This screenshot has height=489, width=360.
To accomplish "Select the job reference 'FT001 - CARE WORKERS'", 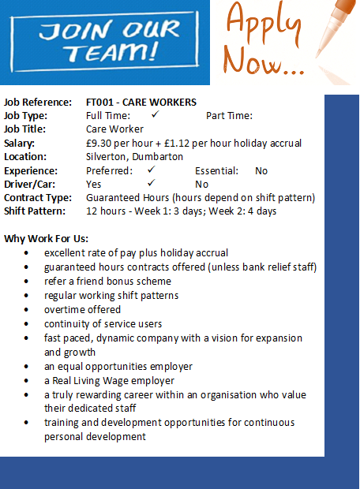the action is pos(141,103).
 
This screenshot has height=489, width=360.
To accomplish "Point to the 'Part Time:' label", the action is pos(229,116).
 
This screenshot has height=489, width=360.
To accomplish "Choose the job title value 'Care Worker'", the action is pos(114,129).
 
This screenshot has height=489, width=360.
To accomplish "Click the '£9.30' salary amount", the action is pos(100,144).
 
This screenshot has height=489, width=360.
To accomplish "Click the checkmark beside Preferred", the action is pos(151,170).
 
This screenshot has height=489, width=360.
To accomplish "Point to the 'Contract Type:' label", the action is pos(38,197).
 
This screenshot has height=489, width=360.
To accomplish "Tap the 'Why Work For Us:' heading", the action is pos(47,238).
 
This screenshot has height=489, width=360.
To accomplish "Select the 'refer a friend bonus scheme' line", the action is pos(107,282).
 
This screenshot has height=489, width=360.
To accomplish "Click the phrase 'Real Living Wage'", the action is pos(90,381).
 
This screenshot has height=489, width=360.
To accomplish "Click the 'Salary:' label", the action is pos(20,144).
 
